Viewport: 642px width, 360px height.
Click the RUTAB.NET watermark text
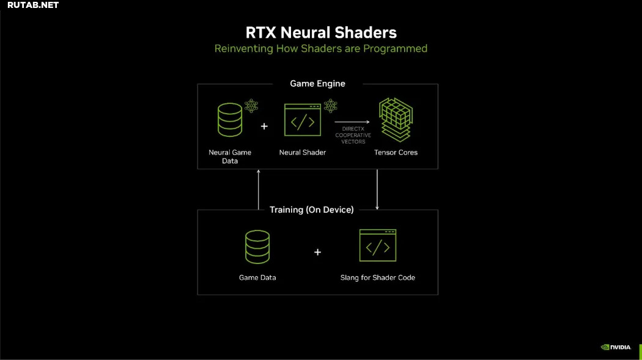[x=33, y=6]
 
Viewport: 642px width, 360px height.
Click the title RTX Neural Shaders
[x=321, y=33]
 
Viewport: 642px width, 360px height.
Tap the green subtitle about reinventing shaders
[x=321, y=49]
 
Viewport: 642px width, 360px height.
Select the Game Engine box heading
[x=318, y=84]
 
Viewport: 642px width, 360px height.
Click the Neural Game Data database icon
[x=230, y=119]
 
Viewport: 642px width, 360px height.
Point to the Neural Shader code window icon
[x=303, y=120]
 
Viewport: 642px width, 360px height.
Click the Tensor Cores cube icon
[x=396, y=119]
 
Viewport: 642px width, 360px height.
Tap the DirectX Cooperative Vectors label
[x=353, y=136]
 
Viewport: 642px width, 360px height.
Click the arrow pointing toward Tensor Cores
[x=352, y=122]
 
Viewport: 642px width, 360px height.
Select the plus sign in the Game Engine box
[x=264, y=127]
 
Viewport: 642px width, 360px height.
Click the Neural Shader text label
[x=303, y=152]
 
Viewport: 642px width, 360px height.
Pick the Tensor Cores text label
[x=396, y=152]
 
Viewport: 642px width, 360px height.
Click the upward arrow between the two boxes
[x=259, y=189]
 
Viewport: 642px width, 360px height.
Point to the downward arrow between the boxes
[x=377, y=189]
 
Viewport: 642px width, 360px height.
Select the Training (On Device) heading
[x=312, y=210]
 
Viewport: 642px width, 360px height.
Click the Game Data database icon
[x=257, y=247]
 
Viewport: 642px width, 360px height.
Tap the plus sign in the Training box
[x=318, y=252]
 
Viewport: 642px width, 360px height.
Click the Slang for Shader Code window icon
[x=378, y=246]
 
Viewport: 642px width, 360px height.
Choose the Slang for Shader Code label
[x=378, y=277]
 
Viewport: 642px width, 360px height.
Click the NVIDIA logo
[x=616, y=347]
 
